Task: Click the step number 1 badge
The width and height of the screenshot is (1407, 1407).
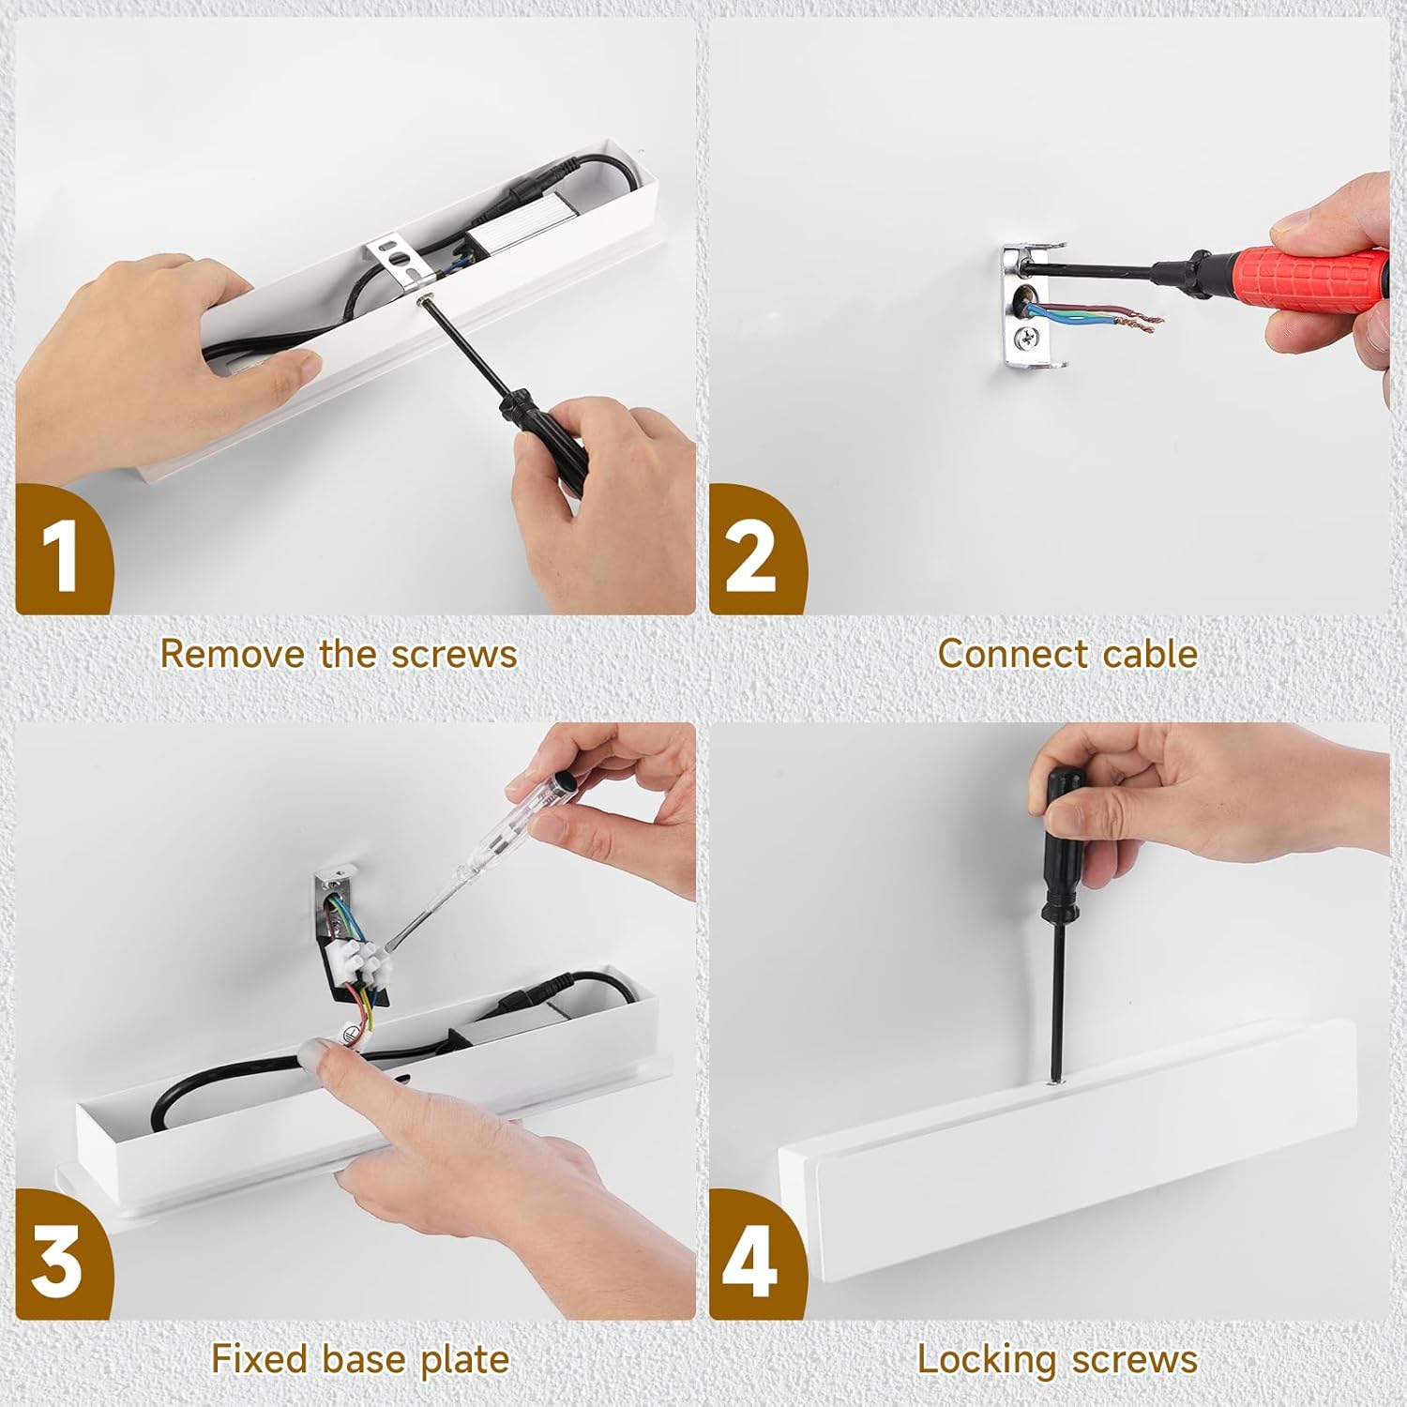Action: (x=62, y=551)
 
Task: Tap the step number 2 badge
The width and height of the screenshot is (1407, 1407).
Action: (x=756, y=551)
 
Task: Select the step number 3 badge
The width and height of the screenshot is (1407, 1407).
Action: (x=62, y=1255)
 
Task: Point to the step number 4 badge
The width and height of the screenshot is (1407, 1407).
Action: (x=756, y=1255)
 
